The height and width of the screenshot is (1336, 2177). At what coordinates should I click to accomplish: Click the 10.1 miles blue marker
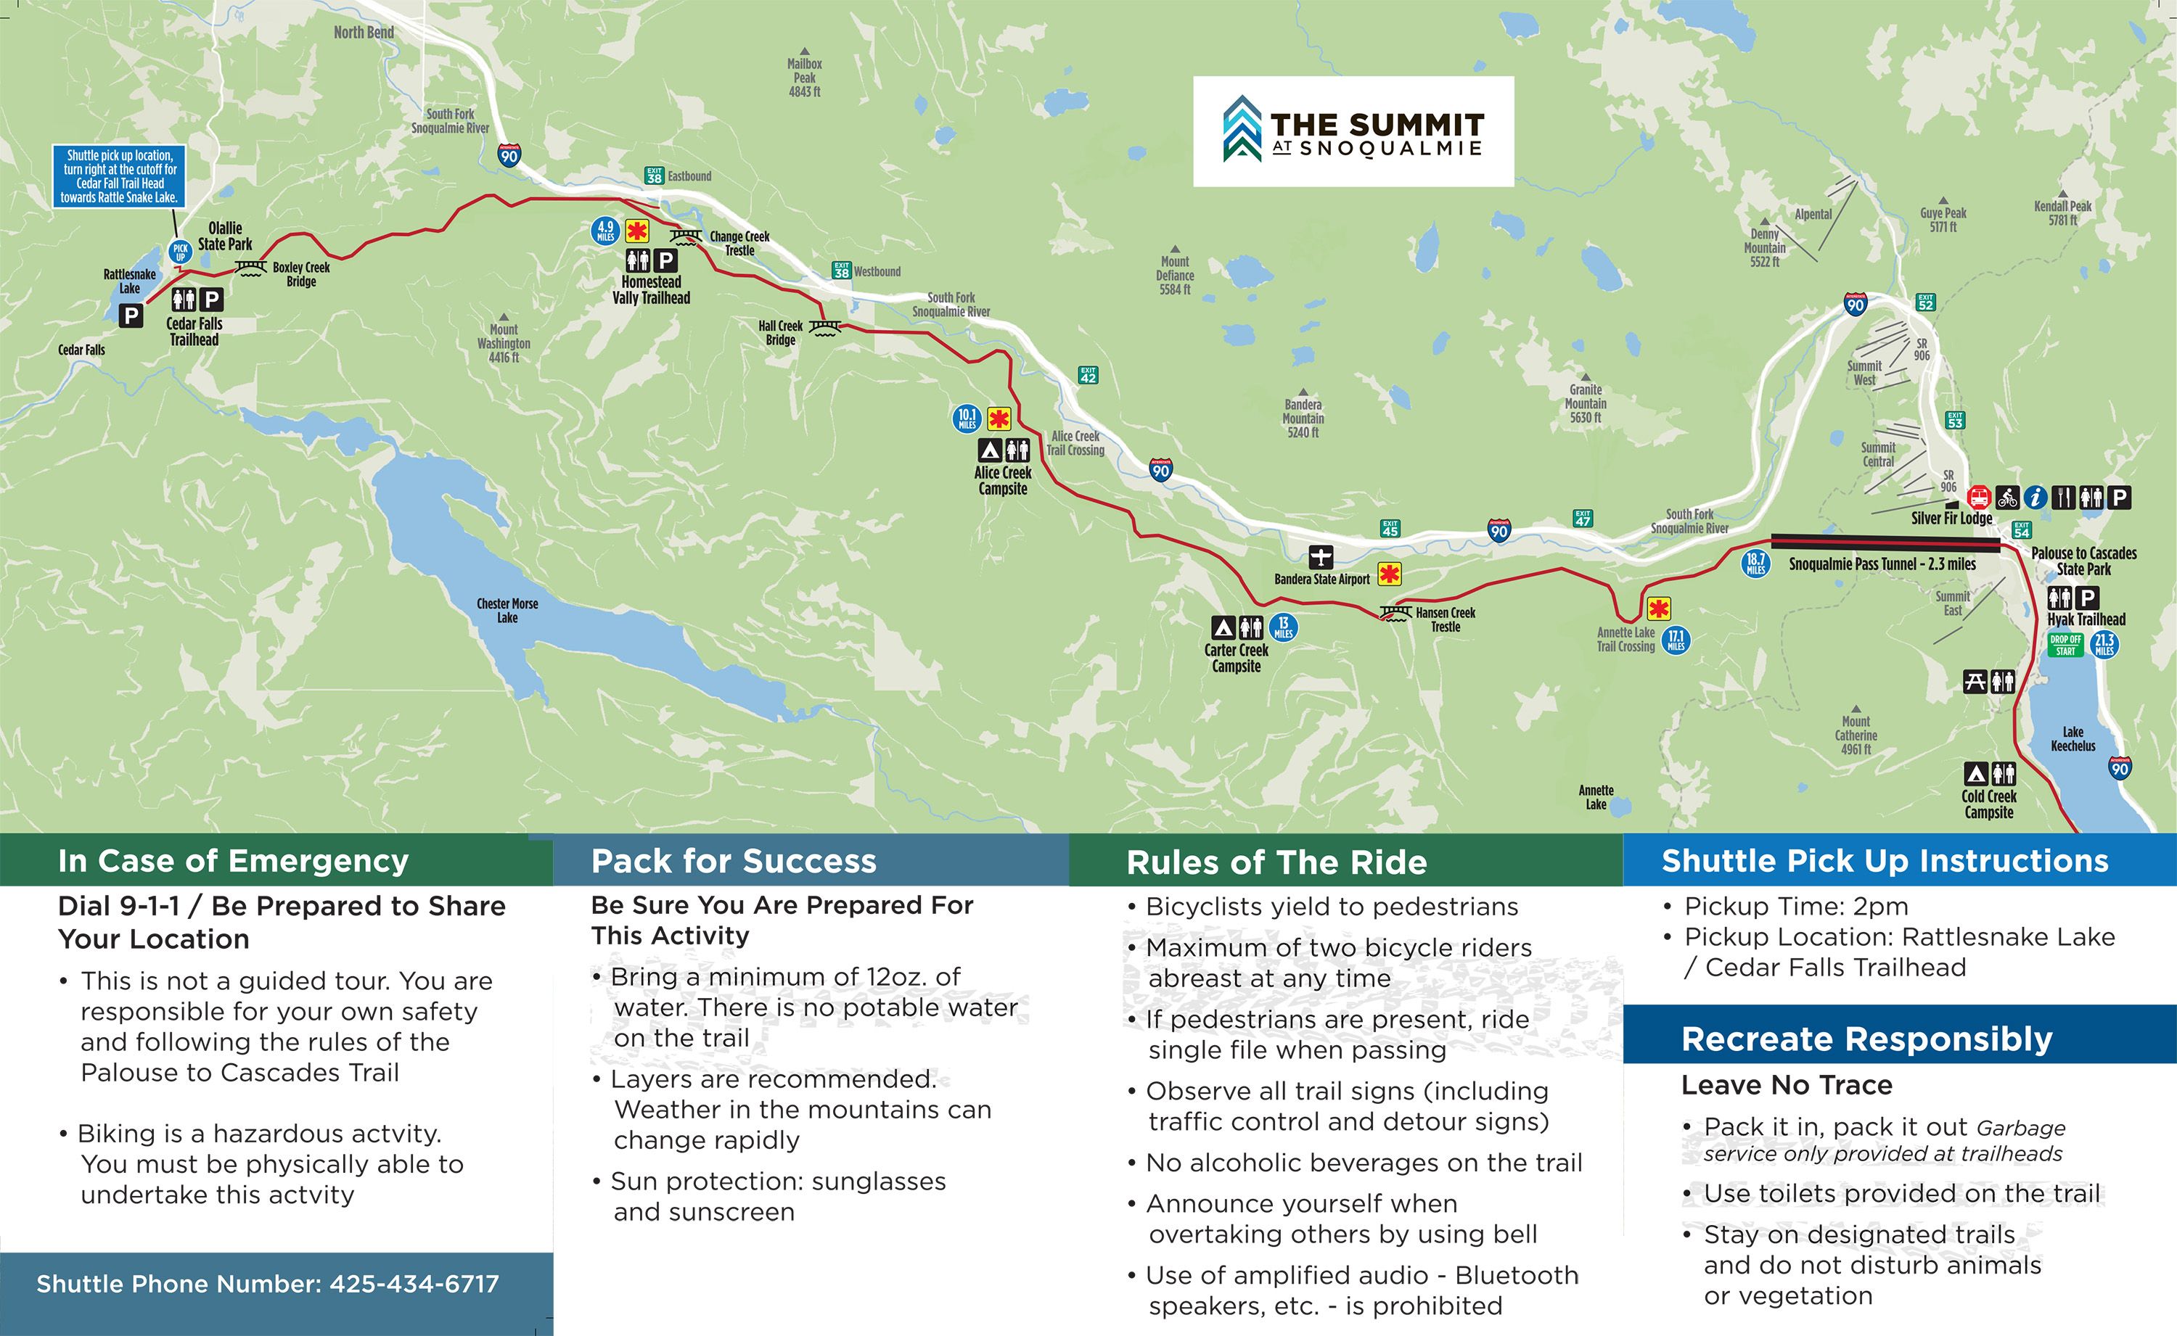[x=967, y=418]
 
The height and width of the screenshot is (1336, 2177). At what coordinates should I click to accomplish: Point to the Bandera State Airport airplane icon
[x=1320, y=557]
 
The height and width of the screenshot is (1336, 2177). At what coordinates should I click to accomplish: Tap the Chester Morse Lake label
[x=507, y=611]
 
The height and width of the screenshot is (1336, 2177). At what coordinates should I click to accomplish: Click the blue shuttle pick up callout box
[x=119, y=176]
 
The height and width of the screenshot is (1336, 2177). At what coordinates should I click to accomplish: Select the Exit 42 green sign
[x=1088, y=376]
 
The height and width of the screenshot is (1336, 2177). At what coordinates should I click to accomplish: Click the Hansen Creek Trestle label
[x=1445, y=619]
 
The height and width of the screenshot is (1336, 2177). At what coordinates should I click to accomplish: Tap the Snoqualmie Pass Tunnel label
[x=1882, y=564]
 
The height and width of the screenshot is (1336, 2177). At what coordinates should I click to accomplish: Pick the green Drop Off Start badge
[x=2066, y=645]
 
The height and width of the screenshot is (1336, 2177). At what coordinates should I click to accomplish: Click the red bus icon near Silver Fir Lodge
[x=1980, y=498]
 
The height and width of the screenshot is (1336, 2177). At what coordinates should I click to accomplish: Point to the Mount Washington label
[x=504, y=343]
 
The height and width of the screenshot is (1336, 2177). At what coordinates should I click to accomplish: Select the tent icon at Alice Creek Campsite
[x=989, y=450]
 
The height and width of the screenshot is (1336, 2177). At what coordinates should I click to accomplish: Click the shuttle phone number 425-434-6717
[x=268, y=1284]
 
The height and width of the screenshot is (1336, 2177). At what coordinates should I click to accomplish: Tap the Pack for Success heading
[x=734, y=861]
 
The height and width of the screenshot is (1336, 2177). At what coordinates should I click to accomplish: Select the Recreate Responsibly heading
[x=1866, y=1039]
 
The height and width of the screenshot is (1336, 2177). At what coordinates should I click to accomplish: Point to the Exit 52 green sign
[x=1926, y=303]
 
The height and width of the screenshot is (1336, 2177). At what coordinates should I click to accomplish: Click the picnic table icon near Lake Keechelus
[x=1975, y=681]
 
